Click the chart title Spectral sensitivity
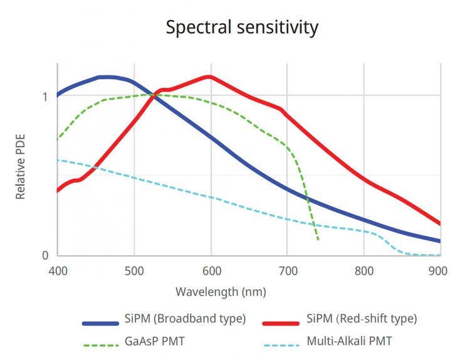(x=242, y=28)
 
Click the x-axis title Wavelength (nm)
(x=221, y=292)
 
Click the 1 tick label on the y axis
(x=44, y=97)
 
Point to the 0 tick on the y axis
(x=44, y=255)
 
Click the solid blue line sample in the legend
(x=100, y=324)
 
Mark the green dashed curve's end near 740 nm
(x=318, y=240)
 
